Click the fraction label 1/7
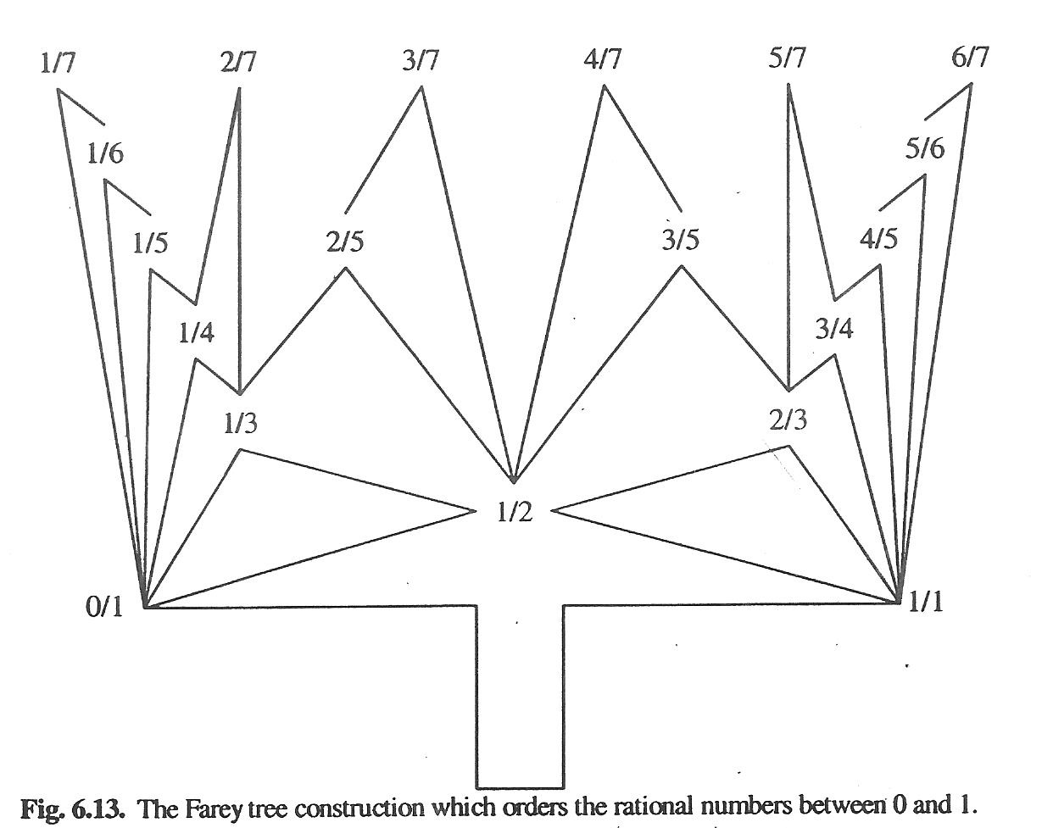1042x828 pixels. tap(58, 64)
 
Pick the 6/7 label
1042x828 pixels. tap(970, 59)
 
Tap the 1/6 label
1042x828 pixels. tap(106, 153)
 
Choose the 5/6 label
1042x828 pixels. tap(924, 148)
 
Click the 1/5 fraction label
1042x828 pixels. tap(150, 243)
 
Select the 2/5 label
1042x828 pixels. tap(344, 242)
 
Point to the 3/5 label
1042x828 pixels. tap(681, 240)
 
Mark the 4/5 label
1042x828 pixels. tap(878, 239)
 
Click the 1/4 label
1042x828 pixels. tap(196, 333)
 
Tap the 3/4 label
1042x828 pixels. tap(834, 329)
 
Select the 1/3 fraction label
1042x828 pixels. tap(241, 424)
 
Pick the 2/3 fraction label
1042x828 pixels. tap(788, 420)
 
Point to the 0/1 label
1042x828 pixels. tap(105, 608)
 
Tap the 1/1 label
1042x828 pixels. tap(926, 603)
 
